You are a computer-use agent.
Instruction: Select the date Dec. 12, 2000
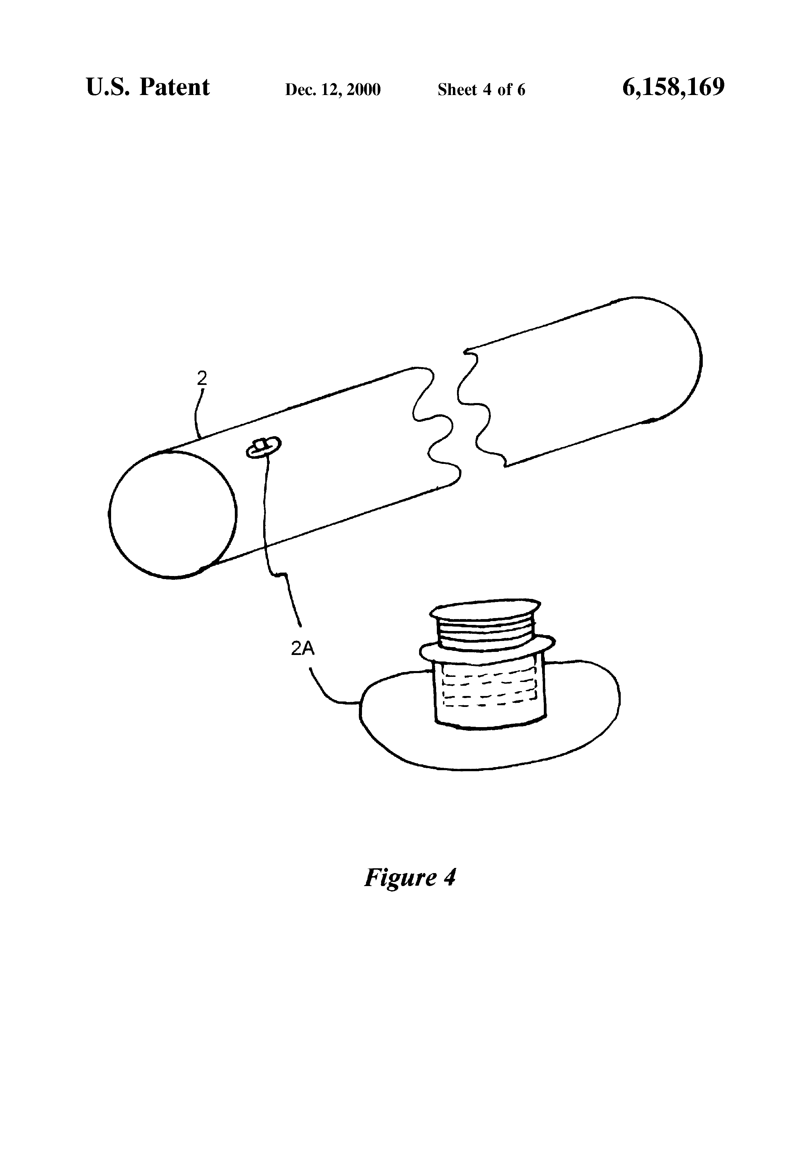coord(333,89)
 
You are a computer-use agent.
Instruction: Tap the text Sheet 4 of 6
coord(481,89)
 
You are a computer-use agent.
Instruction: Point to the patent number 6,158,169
coord(673,87)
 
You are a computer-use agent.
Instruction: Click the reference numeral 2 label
coord(202,378)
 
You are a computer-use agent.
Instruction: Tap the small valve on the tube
coord(263,446)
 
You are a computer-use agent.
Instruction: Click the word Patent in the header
coord(174,87)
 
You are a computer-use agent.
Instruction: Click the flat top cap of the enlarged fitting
coord(486,612)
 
